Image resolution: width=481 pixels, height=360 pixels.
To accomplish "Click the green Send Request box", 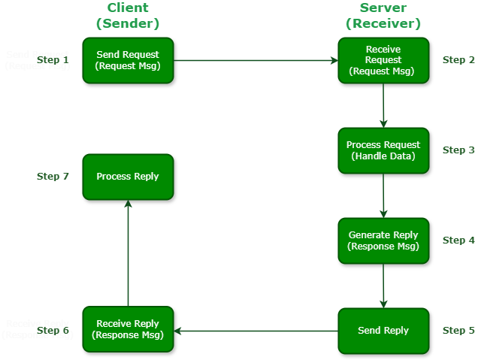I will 128,60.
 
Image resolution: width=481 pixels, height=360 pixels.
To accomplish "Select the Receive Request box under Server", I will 383,60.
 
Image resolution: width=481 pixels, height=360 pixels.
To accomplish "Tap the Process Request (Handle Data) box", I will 383,150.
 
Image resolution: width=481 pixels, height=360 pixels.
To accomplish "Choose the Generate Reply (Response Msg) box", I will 383,241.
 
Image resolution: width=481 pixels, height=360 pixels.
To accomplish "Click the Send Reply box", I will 383,331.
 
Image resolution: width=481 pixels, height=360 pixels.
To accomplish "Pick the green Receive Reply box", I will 128,329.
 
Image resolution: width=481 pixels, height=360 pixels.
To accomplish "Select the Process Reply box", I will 128,177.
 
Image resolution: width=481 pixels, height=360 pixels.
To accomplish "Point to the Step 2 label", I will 458,60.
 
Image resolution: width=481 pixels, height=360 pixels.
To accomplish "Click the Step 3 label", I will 458,150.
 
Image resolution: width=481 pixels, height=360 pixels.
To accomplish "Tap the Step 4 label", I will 458,241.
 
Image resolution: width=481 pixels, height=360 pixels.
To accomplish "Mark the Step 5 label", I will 458,331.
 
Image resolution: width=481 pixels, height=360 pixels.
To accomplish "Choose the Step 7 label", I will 53,177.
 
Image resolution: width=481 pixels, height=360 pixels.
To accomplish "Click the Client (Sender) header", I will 128,16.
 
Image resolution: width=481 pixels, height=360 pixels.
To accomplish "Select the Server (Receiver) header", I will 383,16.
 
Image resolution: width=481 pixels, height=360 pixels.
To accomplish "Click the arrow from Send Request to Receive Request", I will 256,60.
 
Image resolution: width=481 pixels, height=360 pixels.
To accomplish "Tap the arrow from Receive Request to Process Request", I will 383,105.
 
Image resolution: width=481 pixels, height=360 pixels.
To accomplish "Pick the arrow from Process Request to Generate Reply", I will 383,195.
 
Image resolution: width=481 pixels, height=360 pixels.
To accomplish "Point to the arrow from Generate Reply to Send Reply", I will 383,286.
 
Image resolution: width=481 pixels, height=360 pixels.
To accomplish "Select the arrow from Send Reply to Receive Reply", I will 256,331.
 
